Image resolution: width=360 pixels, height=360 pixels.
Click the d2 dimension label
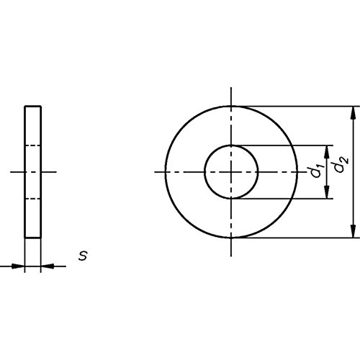342,165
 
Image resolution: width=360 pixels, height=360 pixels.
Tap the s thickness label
83,256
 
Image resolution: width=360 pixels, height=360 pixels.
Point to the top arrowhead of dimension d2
353,112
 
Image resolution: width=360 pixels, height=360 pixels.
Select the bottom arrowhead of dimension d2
353,231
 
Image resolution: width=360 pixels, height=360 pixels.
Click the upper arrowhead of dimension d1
326,152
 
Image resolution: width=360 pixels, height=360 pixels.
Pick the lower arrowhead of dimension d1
326,192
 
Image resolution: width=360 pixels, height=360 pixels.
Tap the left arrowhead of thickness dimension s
18,266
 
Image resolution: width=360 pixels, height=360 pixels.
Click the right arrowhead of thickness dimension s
48,266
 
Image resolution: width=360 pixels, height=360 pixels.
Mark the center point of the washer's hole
231,172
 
